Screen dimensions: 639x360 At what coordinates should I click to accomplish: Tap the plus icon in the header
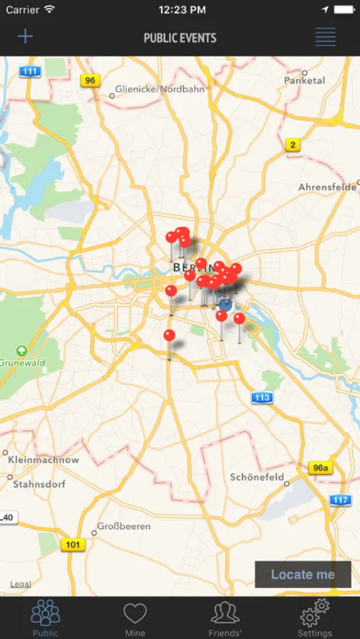[x=26, y=37]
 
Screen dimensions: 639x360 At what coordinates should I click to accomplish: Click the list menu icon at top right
[x=325, y=37]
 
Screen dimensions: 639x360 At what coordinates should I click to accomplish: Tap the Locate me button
[x=302, y=574]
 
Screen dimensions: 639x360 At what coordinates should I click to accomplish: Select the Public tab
[x=45, y=616]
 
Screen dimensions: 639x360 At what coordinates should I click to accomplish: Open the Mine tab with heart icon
[x=135, y=616]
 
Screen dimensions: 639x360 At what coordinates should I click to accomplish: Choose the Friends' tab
[x=225, y=616]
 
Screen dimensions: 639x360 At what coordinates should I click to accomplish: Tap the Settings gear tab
[x=315, y=616]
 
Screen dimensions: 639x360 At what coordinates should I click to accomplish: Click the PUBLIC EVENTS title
[x=180, y=38]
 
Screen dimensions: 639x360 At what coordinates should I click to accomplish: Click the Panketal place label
[x=304, y=80]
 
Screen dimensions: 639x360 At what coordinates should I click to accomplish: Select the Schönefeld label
[x=257, y=477]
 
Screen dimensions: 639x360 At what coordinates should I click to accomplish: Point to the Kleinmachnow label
[x=44, y=459]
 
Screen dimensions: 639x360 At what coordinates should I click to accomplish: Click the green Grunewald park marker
[x=21, y=350]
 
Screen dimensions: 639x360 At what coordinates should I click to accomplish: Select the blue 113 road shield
[x=261, y=398]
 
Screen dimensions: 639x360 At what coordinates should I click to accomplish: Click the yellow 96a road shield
[x=320, y=467]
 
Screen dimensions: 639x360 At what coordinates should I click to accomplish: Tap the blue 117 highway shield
[x=340, y=500]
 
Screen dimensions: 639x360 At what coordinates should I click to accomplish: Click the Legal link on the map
[x=20, y=584]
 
